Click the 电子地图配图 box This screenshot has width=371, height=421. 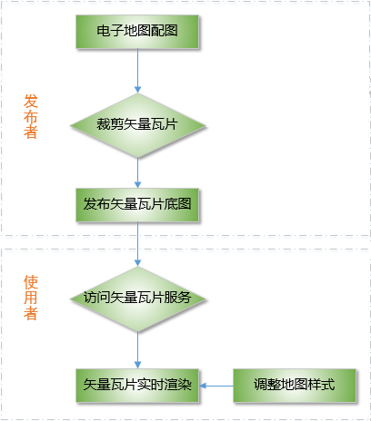pos(137,32)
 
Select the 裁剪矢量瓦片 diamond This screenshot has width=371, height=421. pos(138,125)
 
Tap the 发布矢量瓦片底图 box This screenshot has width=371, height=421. pos(137,205)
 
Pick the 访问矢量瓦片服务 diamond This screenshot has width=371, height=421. pos(138,299)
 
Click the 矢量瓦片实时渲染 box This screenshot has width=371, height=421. pos(137,386)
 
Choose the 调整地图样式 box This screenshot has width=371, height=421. pos(295,386)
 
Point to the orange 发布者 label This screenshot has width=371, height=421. pos(31,116)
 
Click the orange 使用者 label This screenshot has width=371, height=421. pos(31,298)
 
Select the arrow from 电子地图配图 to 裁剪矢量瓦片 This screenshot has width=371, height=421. pos(137,71)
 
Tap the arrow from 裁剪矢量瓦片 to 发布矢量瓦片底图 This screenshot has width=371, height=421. pos(137,173)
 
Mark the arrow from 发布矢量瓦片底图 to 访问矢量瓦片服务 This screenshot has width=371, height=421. pos(137,244)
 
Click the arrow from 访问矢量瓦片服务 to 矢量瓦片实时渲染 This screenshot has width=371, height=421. pos(137,350)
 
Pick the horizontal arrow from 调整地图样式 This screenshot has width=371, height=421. pos(216,386)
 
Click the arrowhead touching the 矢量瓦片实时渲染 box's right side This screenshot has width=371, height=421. pos(203,386)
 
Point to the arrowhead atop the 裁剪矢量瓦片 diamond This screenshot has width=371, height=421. pos(137,90)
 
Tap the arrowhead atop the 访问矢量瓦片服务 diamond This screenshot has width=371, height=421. pos(137,263)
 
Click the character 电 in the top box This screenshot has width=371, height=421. pos(104,31)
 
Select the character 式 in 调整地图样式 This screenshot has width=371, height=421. pos(328,385)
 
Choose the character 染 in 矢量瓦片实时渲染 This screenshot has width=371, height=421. pos(185,385)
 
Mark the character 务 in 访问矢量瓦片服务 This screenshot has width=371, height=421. pos(185,298)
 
